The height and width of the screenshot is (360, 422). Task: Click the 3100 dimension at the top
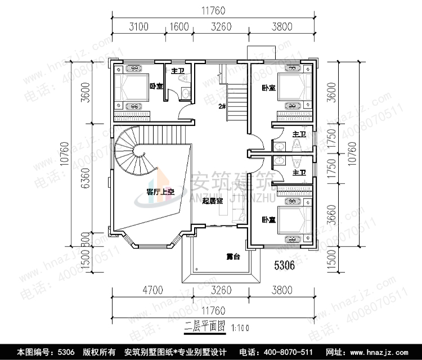coord(138,26)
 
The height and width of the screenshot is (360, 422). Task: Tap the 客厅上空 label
coord(160,192)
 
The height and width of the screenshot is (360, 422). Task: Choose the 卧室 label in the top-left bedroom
coord(156,86)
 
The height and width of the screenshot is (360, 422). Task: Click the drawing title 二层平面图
coord(205,325)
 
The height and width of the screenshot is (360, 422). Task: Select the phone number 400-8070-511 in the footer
coord(272,352)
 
